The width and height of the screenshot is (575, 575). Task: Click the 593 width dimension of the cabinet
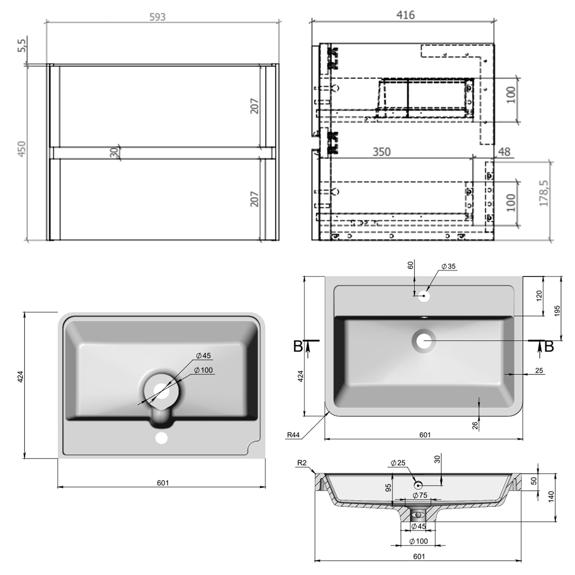tap(158, 17)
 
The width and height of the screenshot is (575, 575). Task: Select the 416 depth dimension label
tap(405, 15)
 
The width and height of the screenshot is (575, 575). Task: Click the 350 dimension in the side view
tap(381, 152)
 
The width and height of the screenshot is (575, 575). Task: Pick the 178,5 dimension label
tap(544, 193)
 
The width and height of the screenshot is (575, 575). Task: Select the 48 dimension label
tap(504, 152)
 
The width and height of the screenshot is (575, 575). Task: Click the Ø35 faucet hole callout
tap(448, 266)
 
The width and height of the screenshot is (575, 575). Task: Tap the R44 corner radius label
tap(293, 435)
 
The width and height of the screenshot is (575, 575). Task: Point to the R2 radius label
tap(302, 463)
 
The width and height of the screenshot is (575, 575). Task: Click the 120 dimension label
tap(539, 296)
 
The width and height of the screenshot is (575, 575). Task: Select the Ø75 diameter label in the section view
tap(420, 495)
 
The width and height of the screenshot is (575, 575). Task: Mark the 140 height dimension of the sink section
tap(552, 496)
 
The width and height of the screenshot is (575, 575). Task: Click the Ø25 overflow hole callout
tap(398, 463)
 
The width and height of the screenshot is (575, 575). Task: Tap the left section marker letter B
tap(298, 347)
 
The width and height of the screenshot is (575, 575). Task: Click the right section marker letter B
tap(549, 347)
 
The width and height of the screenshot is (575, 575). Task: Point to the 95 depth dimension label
tap(388, 488)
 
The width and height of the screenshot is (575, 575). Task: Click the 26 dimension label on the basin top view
tap(475, 425)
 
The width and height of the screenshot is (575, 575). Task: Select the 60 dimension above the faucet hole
tap(411, 265)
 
